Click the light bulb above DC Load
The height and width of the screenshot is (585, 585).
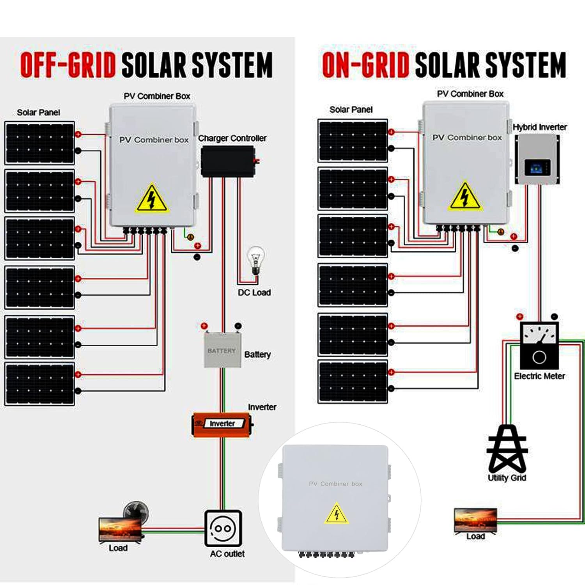[x=256, y=259]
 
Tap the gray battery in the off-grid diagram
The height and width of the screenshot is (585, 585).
[x=222, y=350]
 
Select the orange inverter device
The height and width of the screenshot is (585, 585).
[x=222, y=424]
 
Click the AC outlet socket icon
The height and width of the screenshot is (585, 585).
[x=223, y=528]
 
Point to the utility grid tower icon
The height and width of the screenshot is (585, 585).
[x=507, y=448]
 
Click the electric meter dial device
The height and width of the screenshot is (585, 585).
[x=539, y=346]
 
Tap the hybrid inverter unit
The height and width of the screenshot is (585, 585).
[x=537, y=159]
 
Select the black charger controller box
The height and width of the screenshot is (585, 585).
[x=228, y=161]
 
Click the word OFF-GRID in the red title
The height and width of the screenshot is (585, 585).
[x=68, y=65]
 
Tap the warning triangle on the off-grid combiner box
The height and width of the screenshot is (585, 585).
[x=152, y=199]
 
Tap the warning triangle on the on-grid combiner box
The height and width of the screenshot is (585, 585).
[x=465, y=197]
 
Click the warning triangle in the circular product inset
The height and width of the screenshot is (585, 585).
[x=337, y=514]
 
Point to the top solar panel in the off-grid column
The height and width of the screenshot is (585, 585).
[x=39, y=143]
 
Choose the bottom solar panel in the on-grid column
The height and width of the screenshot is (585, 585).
[x=353, y=381]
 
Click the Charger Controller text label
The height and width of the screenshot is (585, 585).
[x=232, y=138]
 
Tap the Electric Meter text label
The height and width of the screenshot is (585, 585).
[x=539, y=376]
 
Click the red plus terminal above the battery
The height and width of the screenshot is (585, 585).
[x=204, y=326]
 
